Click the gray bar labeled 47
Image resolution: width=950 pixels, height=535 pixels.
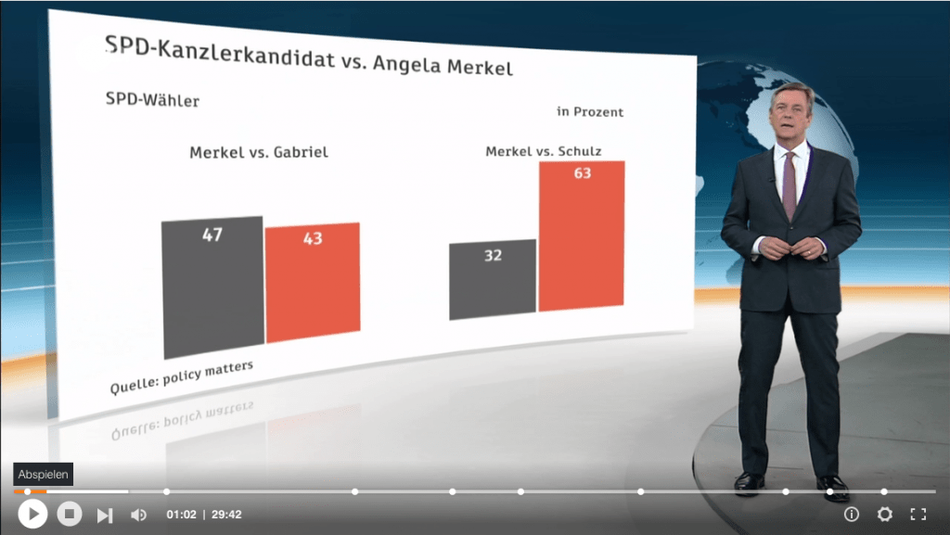coord(212,287)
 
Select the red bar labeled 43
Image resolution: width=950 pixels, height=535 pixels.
coord(313,283)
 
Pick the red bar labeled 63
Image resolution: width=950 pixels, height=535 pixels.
coord(582,236)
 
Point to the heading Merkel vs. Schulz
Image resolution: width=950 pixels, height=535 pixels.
coord(544,150)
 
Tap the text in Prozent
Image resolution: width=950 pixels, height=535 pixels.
coord(590,112)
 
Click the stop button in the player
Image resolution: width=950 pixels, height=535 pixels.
coord(70,514)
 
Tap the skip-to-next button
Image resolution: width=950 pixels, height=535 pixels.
coord(105,515)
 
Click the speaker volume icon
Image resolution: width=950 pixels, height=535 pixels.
coord(138,515)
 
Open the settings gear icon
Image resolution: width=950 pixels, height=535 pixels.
coord(885,515)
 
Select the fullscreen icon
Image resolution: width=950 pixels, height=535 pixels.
coord(918,515)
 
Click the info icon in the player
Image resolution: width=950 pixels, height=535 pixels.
coord(852,515)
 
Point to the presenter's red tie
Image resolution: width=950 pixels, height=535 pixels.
coord(790,185)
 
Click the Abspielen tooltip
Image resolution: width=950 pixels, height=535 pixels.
coord(42,475)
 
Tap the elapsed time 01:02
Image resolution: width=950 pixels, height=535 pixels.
coord(181,515)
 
